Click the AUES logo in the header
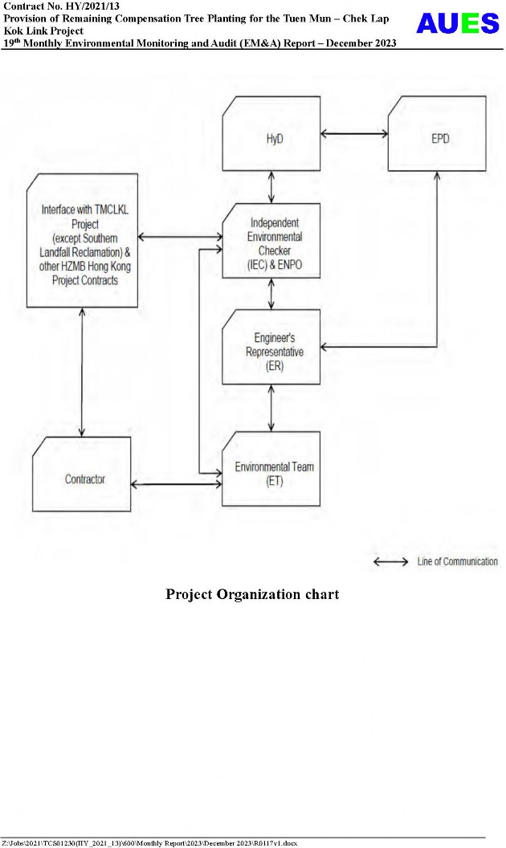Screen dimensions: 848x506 [458, 24]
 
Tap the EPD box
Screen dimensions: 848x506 [436, 133]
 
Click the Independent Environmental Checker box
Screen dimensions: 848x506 [271, 240]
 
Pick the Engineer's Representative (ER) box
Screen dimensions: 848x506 [271, 346]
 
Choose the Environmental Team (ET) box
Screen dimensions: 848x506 [271, 469]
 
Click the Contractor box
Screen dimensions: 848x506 [82, 474]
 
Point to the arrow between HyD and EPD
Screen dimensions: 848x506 [354, 133]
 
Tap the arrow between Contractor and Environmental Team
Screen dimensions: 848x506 [176, 484]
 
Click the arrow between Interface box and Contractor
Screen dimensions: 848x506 [82, 372]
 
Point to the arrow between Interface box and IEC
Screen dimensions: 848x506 [181, 237]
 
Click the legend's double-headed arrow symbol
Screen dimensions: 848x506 [391, 562]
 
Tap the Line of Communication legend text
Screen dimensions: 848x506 [457, 562]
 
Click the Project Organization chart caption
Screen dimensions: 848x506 [252, 595]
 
